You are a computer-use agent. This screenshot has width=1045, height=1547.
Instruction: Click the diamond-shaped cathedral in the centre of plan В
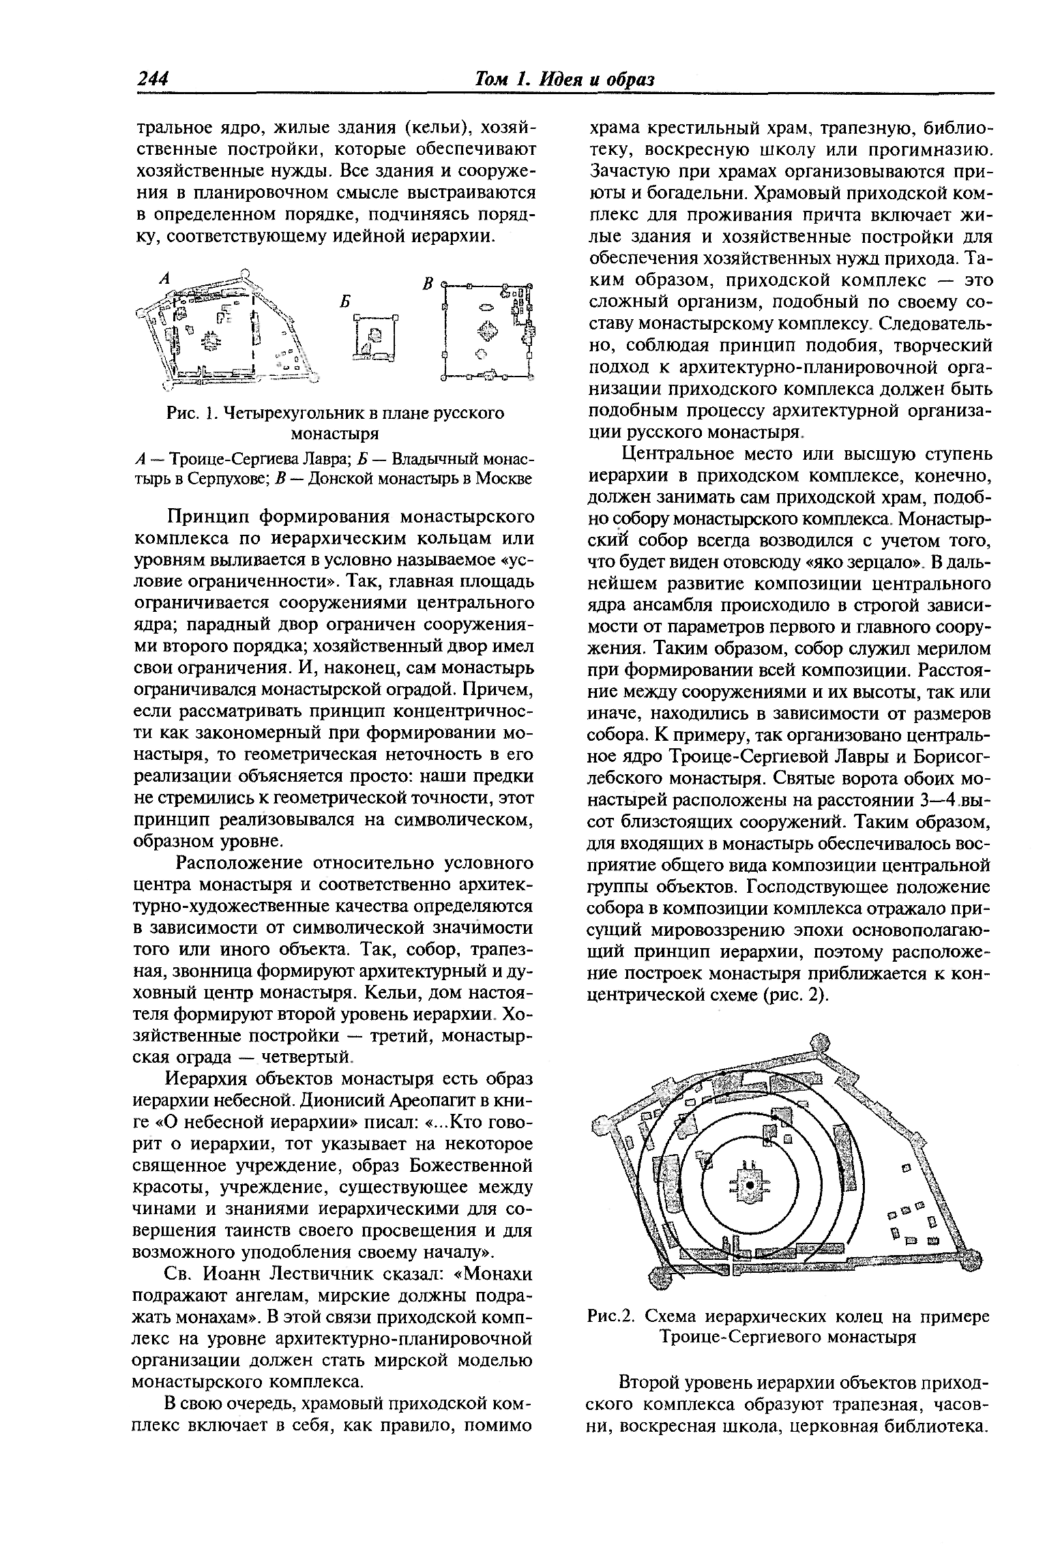[486, 331]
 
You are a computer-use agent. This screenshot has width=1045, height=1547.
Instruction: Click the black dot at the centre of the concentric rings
[749, 1186]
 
